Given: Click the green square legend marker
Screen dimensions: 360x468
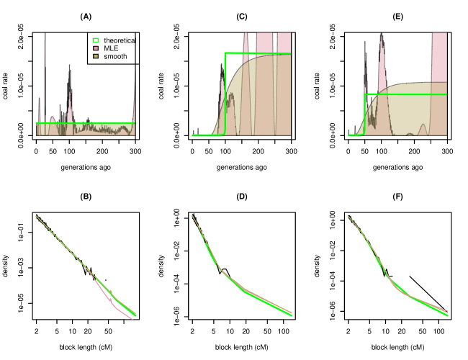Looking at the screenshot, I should click(x=96, y=40).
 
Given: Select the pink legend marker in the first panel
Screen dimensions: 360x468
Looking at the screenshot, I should click(x=96, y=48).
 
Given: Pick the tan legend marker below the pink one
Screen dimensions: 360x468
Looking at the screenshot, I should click(x=96, y=56).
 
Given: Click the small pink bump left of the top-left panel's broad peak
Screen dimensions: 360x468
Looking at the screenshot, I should click(x=52, y=120).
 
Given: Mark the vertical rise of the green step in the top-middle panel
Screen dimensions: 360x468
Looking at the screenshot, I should click(x=225, y=94).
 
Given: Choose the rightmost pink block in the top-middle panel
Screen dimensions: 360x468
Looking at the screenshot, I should click(x=284, y=42).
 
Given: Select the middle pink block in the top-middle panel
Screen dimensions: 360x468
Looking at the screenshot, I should click(x=264, y=42).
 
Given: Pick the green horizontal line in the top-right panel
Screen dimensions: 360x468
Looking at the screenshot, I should click(x=410, y=94).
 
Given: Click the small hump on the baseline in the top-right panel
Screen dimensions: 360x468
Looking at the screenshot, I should click(x=423, y=129).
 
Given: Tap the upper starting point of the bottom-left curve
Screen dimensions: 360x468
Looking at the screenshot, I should click(x=36, y=216).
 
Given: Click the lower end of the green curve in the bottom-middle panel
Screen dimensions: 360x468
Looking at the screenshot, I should click(x=291, y=315).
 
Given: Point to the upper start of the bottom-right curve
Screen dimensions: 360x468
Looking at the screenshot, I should click(x=348, y=216).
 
